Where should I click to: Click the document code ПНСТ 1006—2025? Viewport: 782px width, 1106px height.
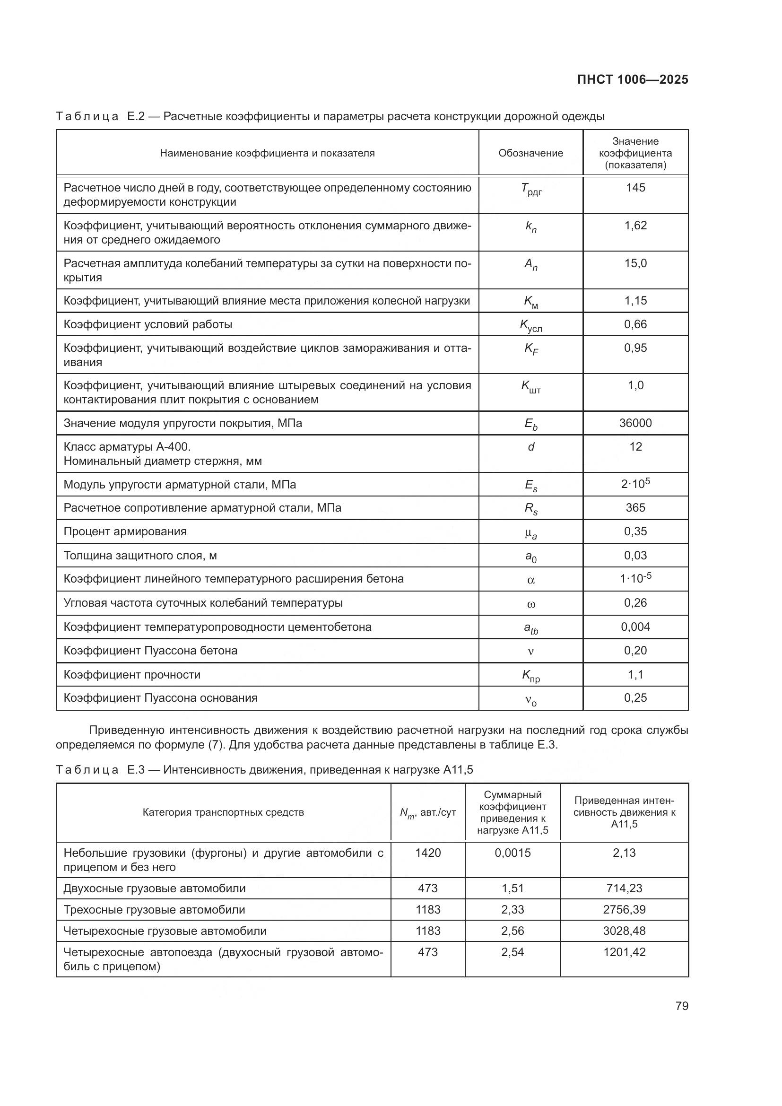point(632,79)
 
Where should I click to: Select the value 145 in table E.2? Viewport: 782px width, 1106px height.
point(635,187)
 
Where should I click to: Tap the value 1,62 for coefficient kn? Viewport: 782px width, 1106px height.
point(635,226)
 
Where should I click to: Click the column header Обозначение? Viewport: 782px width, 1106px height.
point(530,153)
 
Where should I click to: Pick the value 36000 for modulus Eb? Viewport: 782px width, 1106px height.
point(635,423)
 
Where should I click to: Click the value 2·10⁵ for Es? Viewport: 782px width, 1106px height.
point(635,484)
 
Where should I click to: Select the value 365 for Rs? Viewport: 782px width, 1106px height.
point(635,508)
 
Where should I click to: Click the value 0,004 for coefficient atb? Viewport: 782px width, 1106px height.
point(635,627)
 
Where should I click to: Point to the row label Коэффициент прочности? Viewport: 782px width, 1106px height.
point(132,674)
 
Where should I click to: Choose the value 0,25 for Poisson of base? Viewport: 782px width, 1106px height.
point(635,697)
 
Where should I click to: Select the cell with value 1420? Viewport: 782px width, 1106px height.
point(427,853)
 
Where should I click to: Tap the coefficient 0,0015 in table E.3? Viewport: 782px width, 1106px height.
point(513,853)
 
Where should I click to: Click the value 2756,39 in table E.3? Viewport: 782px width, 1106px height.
point(624,909)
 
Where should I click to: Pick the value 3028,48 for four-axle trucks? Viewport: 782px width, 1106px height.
point(624,931)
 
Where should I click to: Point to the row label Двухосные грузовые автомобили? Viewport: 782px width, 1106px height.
point(155,888)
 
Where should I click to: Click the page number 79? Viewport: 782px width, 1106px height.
point(681,1006)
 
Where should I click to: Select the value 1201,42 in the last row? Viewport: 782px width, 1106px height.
point(624,952)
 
